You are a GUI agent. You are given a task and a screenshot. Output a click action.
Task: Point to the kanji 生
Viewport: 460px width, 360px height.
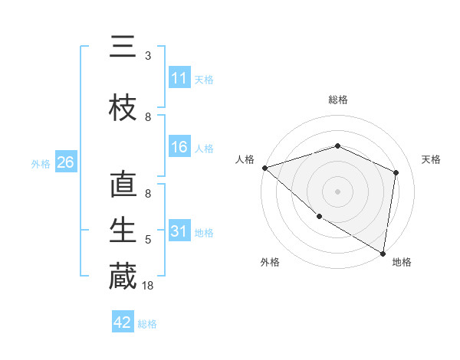pos(123,231)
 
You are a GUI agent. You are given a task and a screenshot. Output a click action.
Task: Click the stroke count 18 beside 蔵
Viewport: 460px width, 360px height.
pos(149,286)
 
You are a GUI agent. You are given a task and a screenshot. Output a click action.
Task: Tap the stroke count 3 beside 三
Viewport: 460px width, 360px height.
pos(148,56)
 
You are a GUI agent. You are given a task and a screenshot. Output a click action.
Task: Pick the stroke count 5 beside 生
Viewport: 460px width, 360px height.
pos(148,240)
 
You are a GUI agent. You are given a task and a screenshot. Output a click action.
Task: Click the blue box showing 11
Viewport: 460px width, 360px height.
pos(179,78)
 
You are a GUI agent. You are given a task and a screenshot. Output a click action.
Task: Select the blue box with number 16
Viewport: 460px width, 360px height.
pos(179,148)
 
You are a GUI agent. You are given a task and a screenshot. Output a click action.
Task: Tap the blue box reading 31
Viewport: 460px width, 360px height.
pos(179,231)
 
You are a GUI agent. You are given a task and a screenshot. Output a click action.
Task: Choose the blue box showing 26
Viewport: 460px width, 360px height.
pos(65,162)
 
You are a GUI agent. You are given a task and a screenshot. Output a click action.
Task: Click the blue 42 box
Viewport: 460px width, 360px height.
pos(123,322)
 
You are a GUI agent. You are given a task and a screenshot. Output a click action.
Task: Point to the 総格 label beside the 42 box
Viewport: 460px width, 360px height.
pos(148,324)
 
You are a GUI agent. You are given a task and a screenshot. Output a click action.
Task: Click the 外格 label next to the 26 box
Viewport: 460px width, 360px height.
pos(41,163)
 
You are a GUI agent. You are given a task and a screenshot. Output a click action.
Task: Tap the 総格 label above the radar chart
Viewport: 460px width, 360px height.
pos(338,100)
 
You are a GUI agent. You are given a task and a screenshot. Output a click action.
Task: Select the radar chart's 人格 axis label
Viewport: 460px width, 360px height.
pos(245,159)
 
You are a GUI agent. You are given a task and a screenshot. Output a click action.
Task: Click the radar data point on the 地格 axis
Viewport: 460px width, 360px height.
pos(383,253)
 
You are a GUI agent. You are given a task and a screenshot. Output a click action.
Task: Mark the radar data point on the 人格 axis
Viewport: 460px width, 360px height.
pos(264,168)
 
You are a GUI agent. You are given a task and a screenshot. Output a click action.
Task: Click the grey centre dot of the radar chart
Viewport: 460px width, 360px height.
pos(337,191)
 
